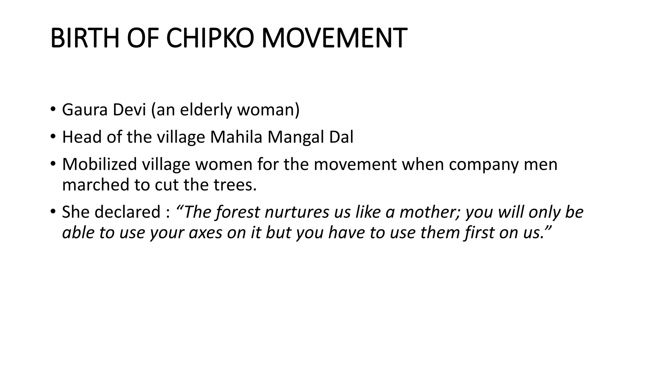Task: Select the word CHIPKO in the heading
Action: pyautogui.click(x=210, y=38)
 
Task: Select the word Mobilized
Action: pyautogui.click(x=99, y=165)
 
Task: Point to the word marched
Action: pyautogui.click(x=95, y=185)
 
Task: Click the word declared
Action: pyautogui.click(x=127, y=212)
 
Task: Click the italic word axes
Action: pyautogui.click(x=205, y=233)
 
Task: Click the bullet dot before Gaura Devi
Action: pyautogui.click(x=52, y=110)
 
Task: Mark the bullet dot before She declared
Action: pyautogui.click(x=52, y=212)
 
